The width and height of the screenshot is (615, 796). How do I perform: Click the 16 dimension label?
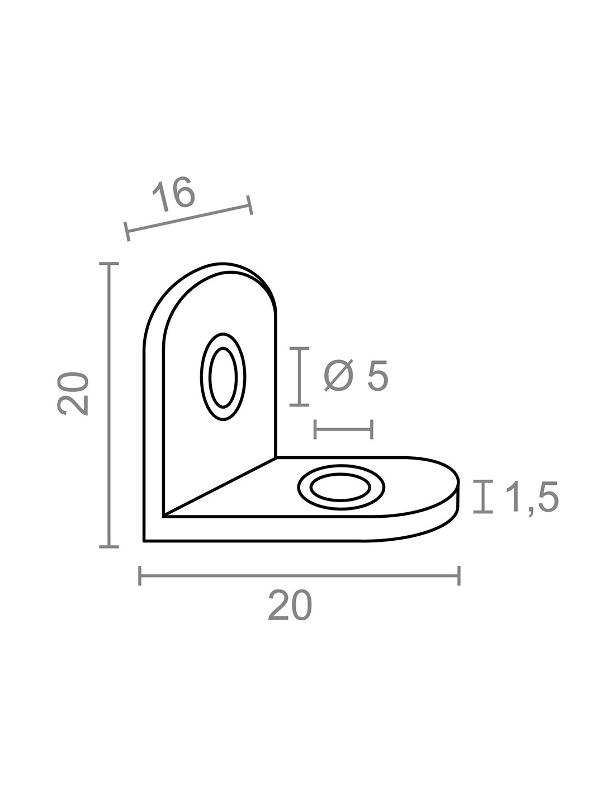[x=173, y=194]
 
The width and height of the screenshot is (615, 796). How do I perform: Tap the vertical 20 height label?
[x=73, y=394]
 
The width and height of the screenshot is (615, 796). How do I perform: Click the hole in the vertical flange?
[x=223, y=377]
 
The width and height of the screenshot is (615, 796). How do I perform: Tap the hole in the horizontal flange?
[x=340, y=488]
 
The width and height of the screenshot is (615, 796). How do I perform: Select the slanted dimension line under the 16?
[x=188, y=218]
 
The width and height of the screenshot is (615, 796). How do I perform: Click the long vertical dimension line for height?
[x=108, y=405]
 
